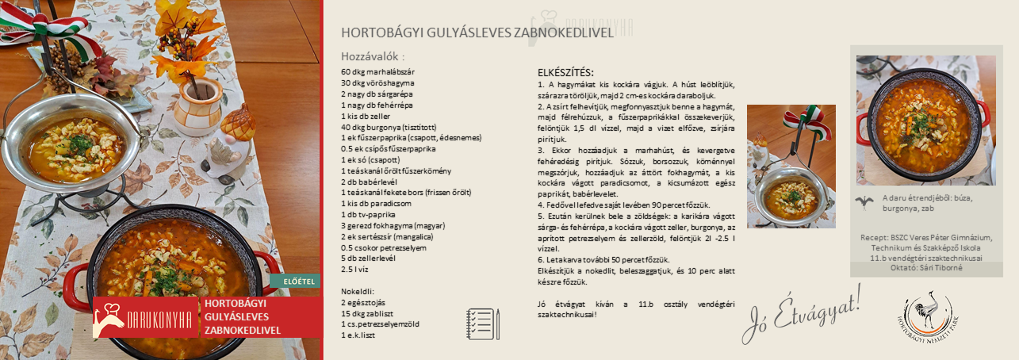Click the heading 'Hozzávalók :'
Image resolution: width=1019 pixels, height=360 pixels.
click(x=373, y=57)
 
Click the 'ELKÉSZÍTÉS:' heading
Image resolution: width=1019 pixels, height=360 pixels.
click(x=566, y=73)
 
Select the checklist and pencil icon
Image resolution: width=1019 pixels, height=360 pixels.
click(x=483, y=324)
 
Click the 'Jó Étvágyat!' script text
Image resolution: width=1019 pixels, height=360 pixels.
click(x=802, y=314)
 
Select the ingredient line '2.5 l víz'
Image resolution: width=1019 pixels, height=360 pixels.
click(x=357, y=269)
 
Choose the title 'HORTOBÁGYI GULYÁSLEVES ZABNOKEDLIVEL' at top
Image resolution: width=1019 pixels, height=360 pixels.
click(x=477, y=33)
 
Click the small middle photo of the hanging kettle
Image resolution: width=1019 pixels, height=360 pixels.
click(x=791, y=167)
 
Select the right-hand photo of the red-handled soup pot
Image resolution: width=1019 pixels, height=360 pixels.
click(x=925, y=120)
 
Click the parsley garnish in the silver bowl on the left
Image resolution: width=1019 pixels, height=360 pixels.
click(x=79, y=144)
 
